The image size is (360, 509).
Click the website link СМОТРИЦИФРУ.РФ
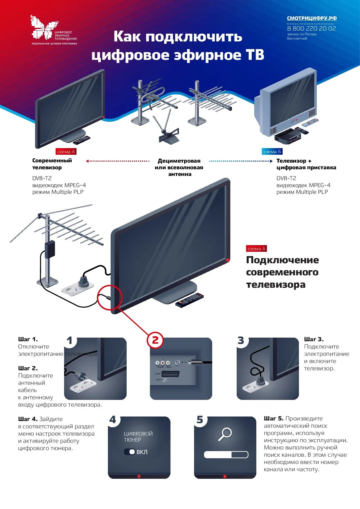312,18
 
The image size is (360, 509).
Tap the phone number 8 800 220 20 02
311,28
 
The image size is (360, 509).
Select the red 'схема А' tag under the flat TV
66,152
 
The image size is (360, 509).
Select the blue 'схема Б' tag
272,152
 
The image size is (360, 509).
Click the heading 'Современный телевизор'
52,164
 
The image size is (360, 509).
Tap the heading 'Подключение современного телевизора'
282,272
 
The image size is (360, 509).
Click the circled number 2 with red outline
155,340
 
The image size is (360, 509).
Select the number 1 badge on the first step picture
70,341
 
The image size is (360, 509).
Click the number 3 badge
241,341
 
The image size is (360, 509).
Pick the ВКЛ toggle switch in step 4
130,452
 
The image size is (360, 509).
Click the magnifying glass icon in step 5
225,434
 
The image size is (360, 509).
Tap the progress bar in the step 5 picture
226,455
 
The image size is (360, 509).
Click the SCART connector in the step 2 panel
171,374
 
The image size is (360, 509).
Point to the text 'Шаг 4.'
28,419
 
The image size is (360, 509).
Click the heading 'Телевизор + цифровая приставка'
306,164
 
